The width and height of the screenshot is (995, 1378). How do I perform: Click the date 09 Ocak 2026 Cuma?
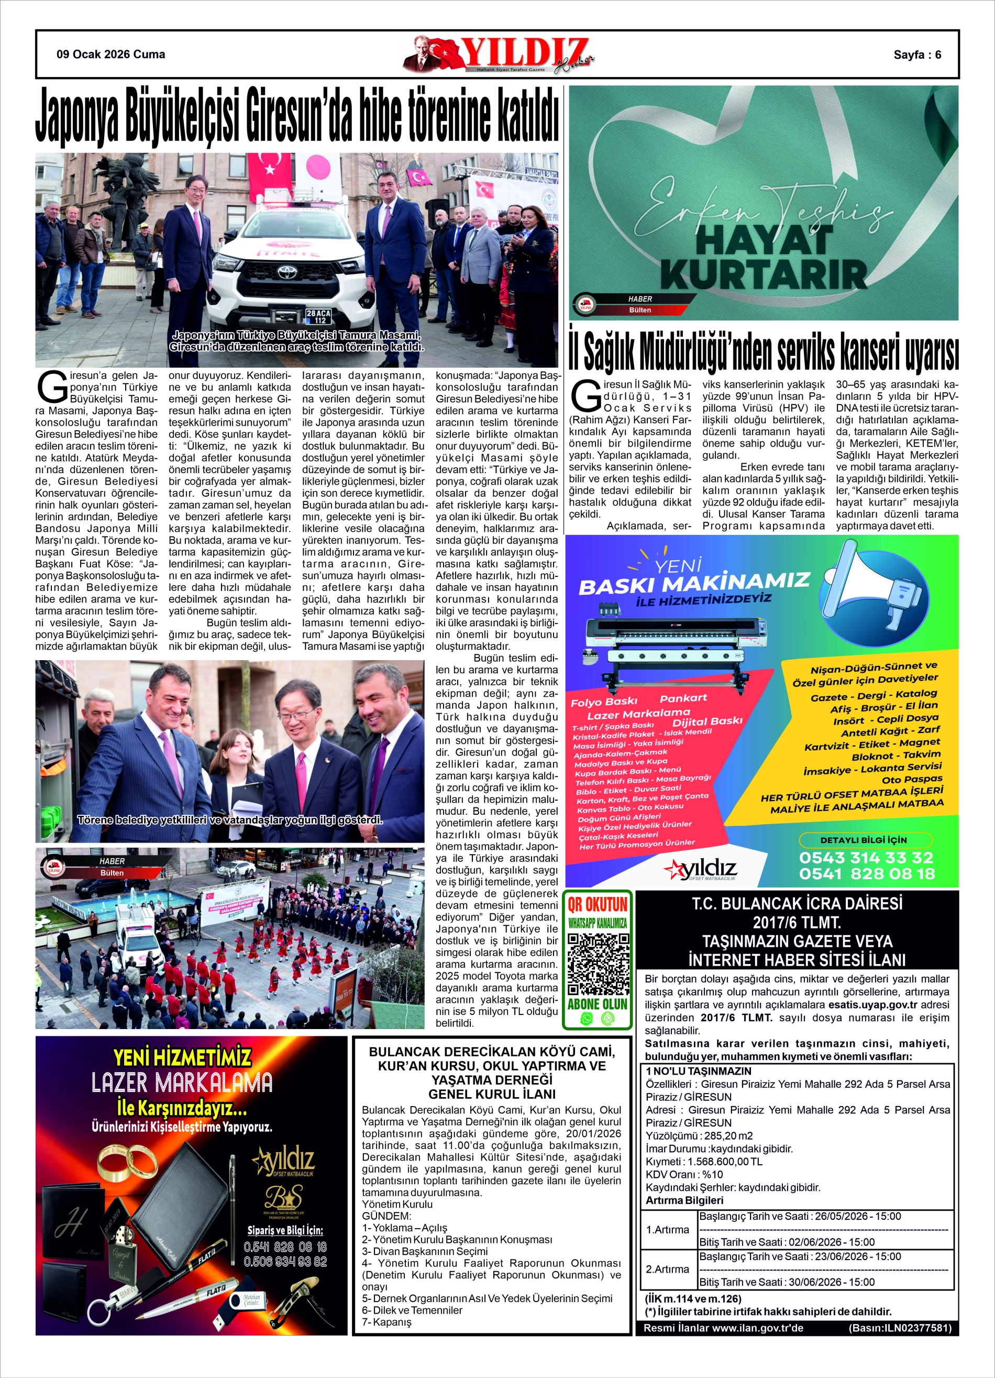110,54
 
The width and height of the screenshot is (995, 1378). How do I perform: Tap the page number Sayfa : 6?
916,54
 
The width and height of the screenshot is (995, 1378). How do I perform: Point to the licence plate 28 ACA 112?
318,316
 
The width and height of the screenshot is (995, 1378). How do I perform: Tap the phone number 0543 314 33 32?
866,857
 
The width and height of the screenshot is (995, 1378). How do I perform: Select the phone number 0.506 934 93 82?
285,1261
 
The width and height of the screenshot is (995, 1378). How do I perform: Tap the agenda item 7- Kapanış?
386,1321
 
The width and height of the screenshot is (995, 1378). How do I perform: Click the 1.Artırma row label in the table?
667,1229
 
